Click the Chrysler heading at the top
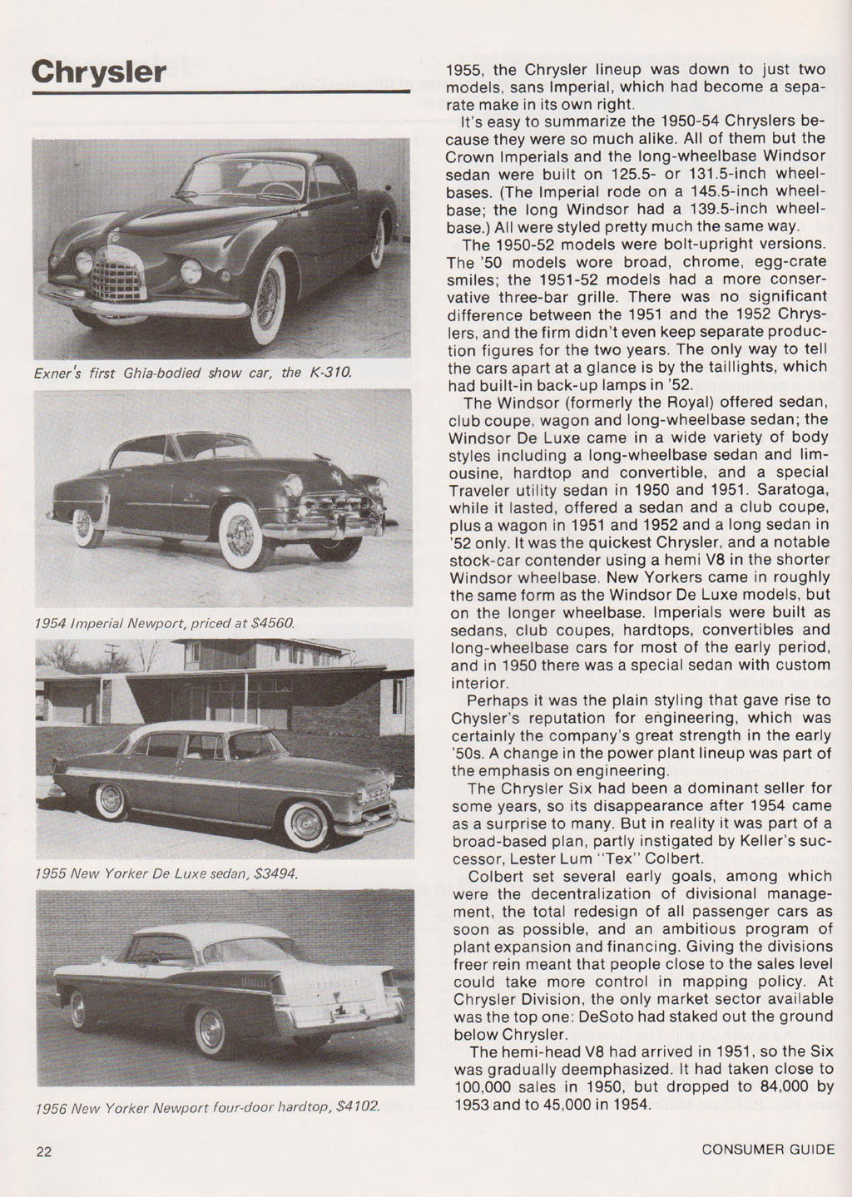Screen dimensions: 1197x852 pos(99,72)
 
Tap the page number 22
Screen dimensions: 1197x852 pos(44,1151)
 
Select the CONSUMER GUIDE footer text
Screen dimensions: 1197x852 pos(767,1150)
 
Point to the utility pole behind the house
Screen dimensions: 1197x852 pos(110,656)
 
